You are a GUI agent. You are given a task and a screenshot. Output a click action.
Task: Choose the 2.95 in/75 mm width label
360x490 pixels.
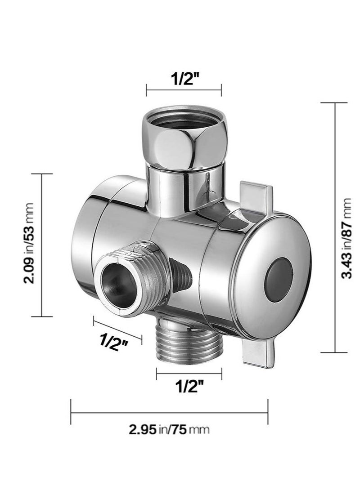(169, 429)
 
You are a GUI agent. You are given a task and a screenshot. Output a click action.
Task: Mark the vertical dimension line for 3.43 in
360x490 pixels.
(334, 227)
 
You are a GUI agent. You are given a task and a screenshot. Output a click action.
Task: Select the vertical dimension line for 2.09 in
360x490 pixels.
(42, 245)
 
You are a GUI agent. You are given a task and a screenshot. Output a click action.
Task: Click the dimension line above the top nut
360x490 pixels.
(184, 90)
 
